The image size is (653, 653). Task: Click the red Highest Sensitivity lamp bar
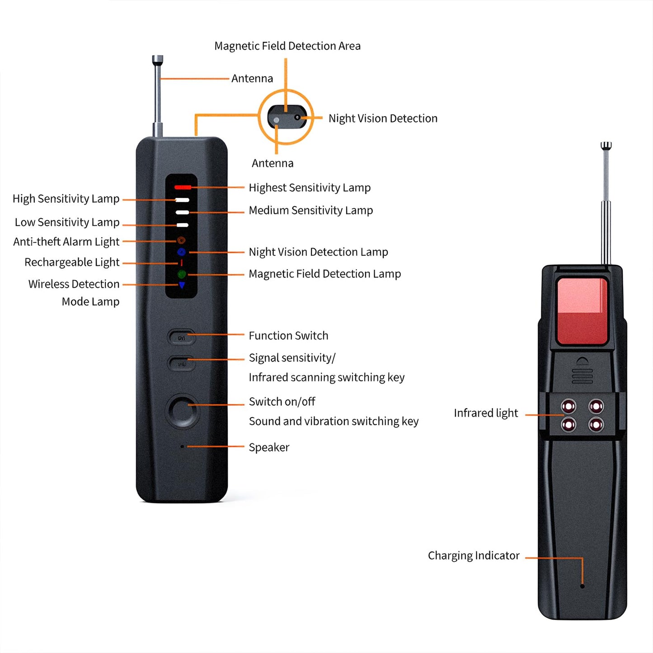tap(183, 187)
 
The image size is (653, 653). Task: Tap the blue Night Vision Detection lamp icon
tap(182, 252)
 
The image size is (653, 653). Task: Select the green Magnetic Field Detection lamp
tap(182, 274)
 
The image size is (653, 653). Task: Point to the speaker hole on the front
tap(182, 446)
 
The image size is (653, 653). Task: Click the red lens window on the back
tap(582, 311)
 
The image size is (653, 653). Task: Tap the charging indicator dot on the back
tap(582, 586)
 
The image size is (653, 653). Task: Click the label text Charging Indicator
tap(474, 555)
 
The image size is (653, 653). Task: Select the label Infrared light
tap(486, 413)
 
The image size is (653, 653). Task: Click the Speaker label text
tap(269, 447)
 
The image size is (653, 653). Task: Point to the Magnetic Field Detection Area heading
tap(287, 46)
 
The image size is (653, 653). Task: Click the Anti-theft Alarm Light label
tap(66, 242)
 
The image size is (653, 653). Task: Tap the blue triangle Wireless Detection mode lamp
tap(182, 285)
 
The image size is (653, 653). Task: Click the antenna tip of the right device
tap(606, 146)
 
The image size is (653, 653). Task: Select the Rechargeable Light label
tap(72, 263)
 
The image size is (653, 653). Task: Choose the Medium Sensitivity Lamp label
tap(311, 211)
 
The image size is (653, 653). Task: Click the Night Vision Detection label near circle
tap(383, 118)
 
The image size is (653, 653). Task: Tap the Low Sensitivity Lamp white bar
tap(183, 225)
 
